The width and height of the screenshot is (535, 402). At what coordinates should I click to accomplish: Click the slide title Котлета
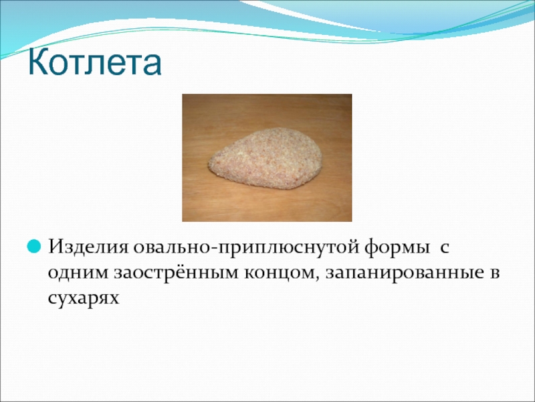pyautogui.click(x=94, y=62)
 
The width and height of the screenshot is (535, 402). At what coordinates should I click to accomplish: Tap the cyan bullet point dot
pyautogui.click(x=34, y=246)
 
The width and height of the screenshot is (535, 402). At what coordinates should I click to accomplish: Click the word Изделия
pyautogui.click(x=88, y=247)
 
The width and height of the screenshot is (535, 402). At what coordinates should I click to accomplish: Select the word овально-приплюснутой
pyautogui.click(x=245, y=247)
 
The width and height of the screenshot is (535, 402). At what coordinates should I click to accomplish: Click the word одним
pyautogui.click(x=78, y=273)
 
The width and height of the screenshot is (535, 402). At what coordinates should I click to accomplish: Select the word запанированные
pyautogui.click(x=405, y=273)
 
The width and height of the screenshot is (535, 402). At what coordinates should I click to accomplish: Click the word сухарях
pyautogui.click(x=84, y=298)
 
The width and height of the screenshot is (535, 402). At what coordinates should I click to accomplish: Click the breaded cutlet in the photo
pyautogui.click(x=265, y=158)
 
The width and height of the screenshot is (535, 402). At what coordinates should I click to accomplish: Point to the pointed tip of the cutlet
pyautogui.click(x=209, y=163)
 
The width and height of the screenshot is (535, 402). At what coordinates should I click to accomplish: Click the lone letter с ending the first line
pyautogui.click(x=444, y=248)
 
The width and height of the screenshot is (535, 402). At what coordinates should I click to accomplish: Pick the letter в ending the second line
pyautogui.click(x=494, y=273)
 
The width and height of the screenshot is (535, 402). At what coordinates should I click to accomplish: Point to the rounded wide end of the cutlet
pyautogui.click(x=316, y=155)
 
